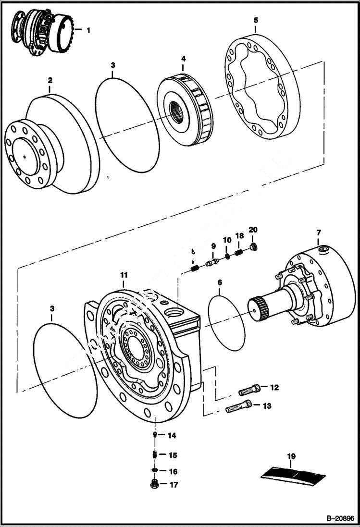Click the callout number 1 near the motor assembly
[x=88, y=30]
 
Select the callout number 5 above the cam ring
[x=256, y=20]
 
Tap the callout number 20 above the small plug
[x=253, y=230]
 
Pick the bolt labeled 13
[x=238, y=407]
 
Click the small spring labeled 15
[x=155, y=454]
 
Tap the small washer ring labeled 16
[x=155, y=470]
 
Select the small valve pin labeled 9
[x=212, y=262]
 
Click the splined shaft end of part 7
[x=258, y=308]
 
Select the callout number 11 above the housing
[x=124, y=275]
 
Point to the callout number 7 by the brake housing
[x=318, y=233]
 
